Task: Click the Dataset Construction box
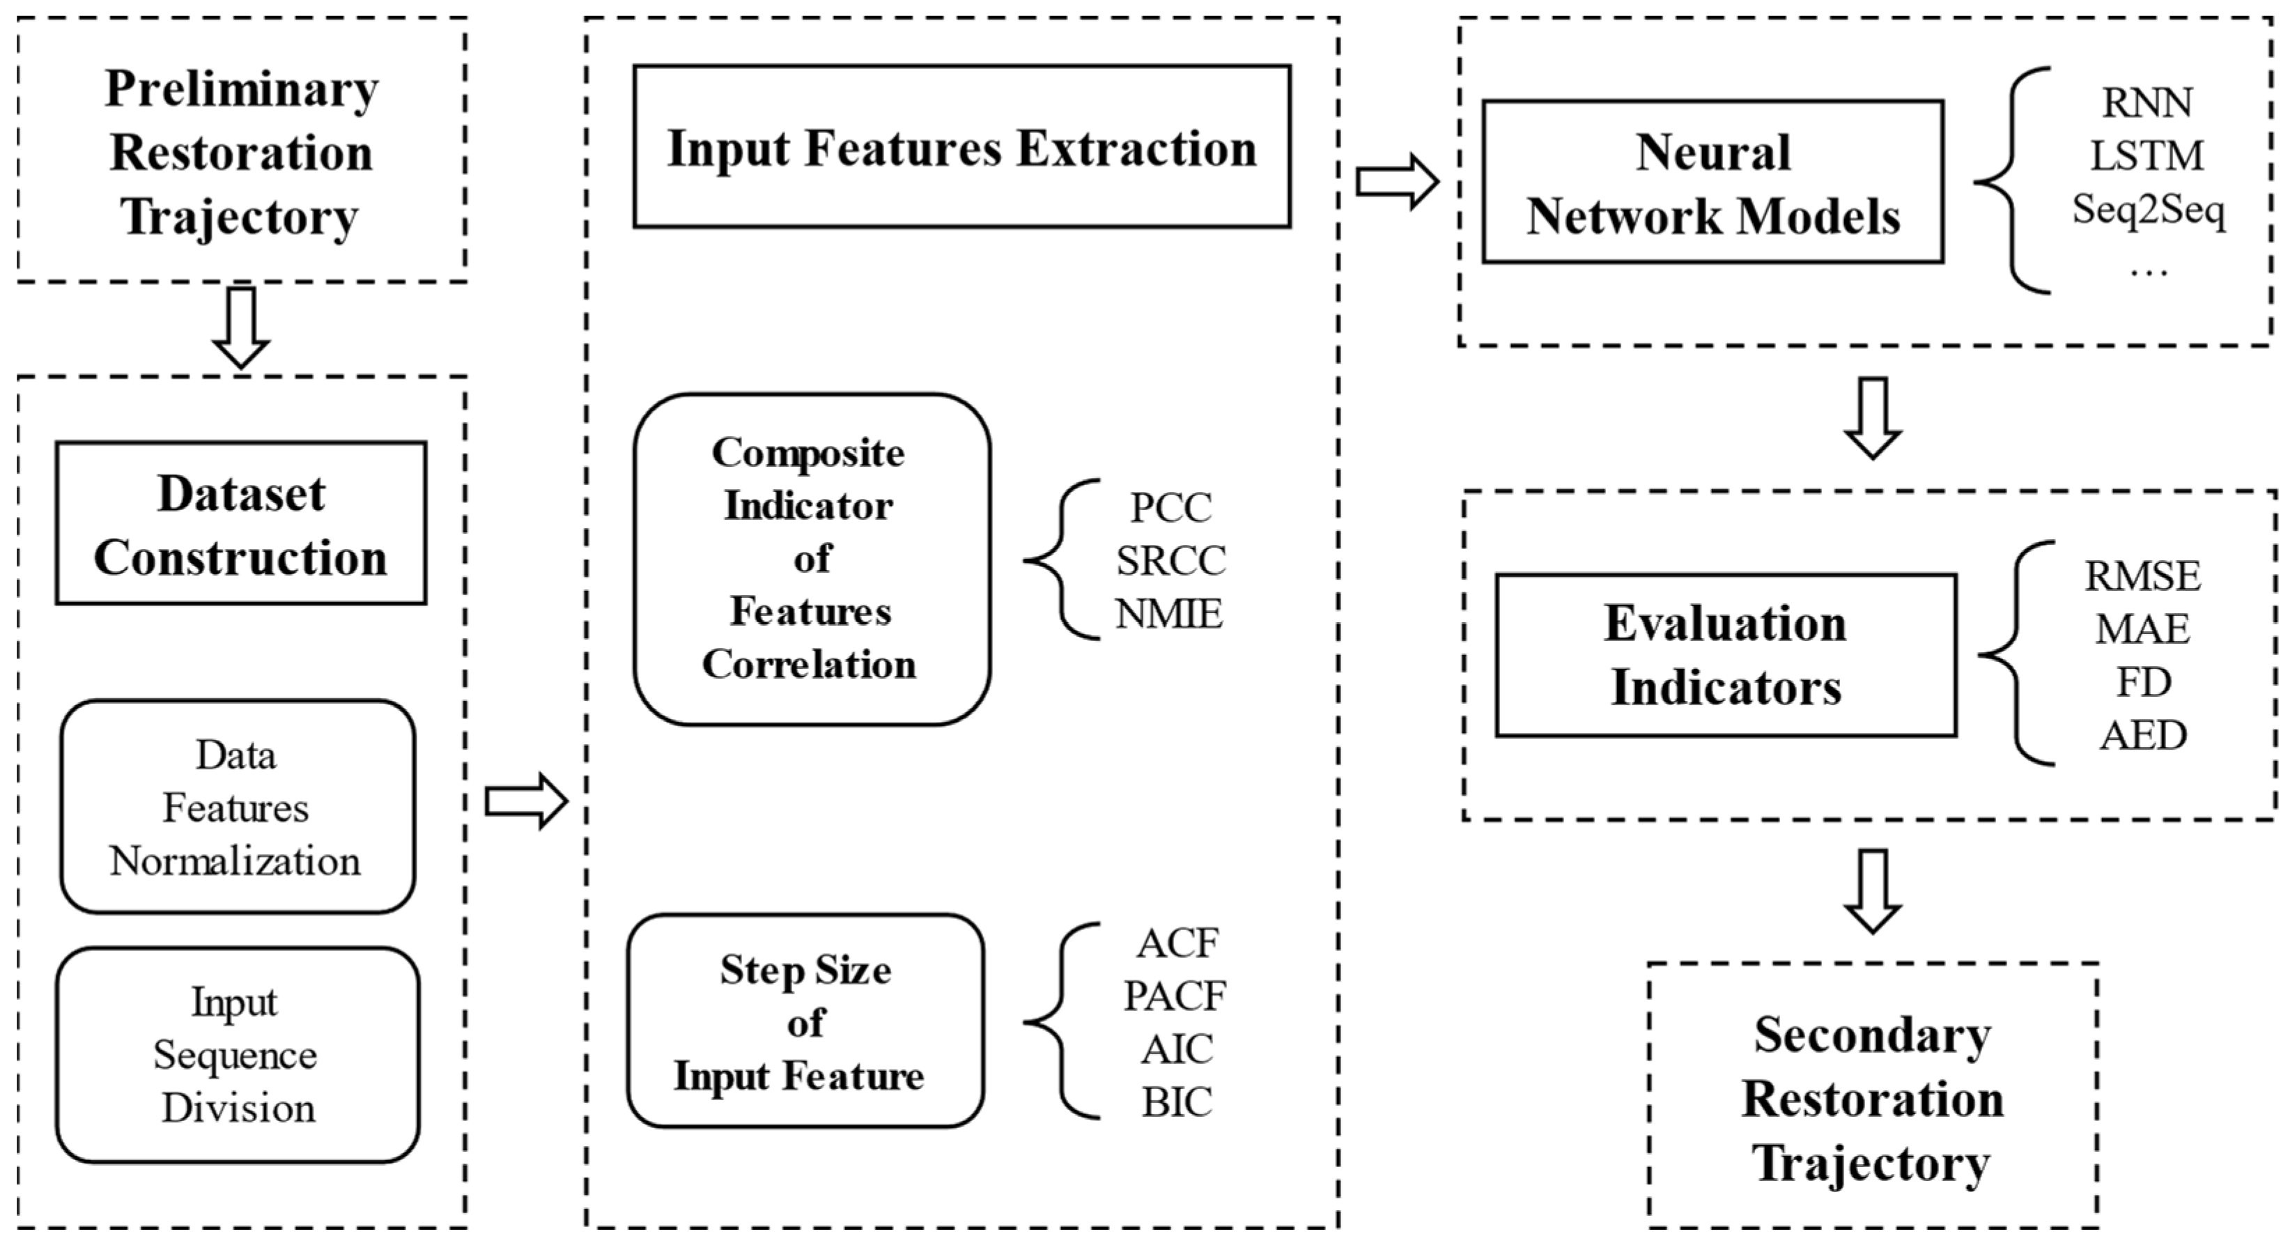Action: pyautogui.click(x=240, y=523)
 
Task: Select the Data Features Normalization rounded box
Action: pyautogui.click(x=237, y=807)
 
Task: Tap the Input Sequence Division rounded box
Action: pyautogui.click(x=237, y=1055)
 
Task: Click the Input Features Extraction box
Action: pyautogui.click(x=962, y=146)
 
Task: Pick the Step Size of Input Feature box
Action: pyautogui.click(x=805, y=1021)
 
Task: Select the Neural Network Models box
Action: pyautogui.click(x=1713, y=182)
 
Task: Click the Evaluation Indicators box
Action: pyautogui.click(x=1725, y=655)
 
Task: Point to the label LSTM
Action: pyautogui.click(x=2146, y=156)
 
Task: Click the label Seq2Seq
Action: pyautogui.click(x=2148, y=210)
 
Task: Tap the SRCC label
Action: pyautogui.click(x=1170, y=561)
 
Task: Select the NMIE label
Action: pyautogui.click(x=1169, y=613)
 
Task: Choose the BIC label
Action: pyautogui.click(x=1176, y=1103)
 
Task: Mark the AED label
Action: pyautogui.click(x=2142, y=736)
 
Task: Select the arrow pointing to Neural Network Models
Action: pyautogui.click(x=1397, y=182)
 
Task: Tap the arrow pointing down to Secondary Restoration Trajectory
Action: pyautogui.click(x=1872, y=891)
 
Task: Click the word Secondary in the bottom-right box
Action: pyautogui.click(x=1871, y=1036)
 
